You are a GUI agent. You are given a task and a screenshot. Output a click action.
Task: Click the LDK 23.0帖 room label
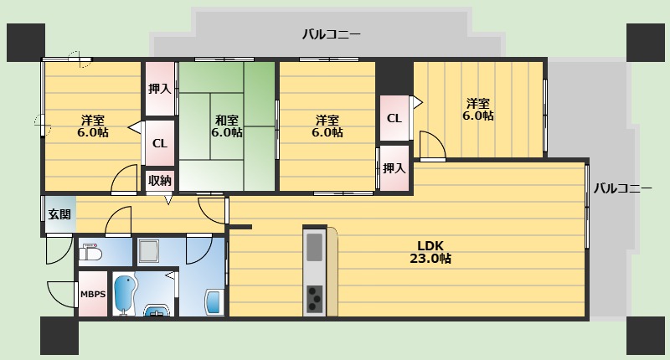point(430,252)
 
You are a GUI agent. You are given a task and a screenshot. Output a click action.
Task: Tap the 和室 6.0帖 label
point(227,126)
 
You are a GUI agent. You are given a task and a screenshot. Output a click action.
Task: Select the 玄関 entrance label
point(59,214)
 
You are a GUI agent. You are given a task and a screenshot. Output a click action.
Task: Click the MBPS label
point(93,294)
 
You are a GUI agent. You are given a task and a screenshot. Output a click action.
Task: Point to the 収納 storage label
point(160,181)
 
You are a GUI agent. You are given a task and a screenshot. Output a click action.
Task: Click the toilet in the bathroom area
point(91,252)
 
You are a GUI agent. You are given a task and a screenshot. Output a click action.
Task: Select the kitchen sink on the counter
point(315,247)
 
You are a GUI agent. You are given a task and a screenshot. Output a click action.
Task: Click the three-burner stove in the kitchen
point(315,299)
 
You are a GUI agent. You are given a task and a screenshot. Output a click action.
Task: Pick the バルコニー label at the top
point(331,34)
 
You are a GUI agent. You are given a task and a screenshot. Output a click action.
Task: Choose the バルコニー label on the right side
point(623,188)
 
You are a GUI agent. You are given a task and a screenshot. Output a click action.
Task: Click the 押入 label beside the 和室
point(160,89)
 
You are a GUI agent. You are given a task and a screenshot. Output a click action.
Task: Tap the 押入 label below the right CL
point(394,168)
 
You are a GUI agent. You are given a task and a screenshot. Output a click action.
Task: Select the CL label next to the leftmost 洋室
point(160,143)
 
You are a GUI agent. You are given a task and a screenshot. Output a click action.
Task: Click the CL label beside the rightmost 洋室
point(394,118)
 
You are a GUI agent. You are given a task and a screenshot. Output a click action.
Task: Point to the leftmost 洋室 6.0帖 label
point(93,126)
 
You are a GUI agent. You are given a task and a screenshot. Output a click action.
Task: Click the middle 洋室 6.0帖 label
point(327,126)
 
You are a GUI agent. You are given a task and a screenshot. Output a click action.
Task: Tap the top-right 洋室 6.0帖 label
point(478,110)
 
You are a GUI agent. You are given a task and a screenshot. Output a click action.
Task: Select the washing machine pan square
point(149,251)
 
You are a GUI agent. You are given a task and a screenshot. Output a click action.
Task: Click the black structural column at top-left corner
point(26,42)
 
